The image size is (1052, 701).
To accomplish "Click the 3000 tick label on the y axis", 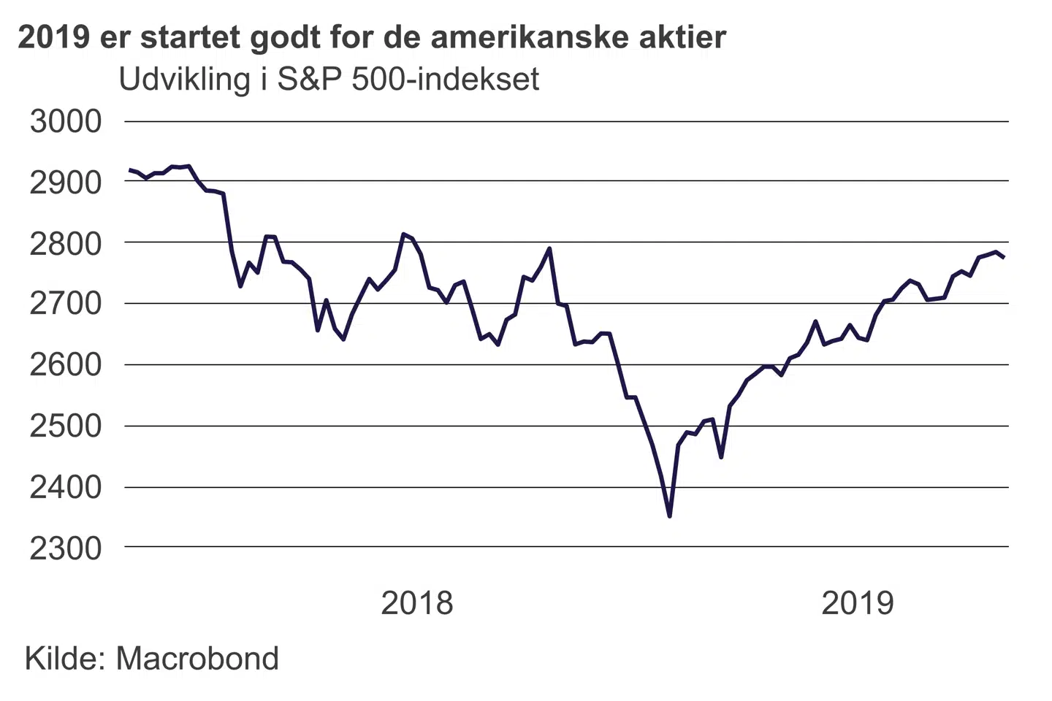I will [x=66, y=121].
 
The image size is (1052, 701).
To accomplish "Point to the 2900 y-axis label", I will [x=66, y=182].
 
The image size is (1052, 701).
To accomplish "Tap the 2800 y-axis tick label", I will [x=66, y=243].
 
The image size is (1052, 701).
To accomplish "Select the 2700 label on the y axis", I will [x=66, y=304].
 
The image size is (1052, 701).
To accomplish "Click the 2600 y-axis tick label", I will [x=66, y=365].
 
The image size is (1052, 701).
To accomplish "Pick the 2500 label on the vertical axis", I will [x=66, y=426].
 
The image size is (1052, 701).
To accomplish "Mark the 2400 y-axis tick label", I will [x=66, y=487].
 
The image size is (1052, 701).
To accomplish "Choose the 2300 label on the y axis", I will [x=66, y=548].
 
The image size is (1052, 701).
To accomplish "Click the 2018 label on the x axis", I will [x=417, y=603].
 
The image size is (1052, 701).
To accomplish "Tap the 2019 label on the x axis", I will [x=858, y=603].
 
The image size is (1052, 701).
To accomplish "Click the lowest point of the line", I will [x=669, y=516].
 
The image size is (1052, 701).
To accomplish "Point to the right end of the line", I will [x=1004, y=257].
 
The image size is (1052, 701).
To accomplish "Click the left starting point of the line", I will [x=130, y=170].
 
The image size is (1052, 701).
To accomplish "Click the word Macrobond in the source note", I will [x=197, y=659].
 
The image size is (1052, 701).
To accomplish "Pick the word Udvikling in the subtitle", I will [x=184, y=80].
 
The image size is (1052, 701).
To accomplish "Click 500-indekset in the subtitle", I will [x=446, y=80].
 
